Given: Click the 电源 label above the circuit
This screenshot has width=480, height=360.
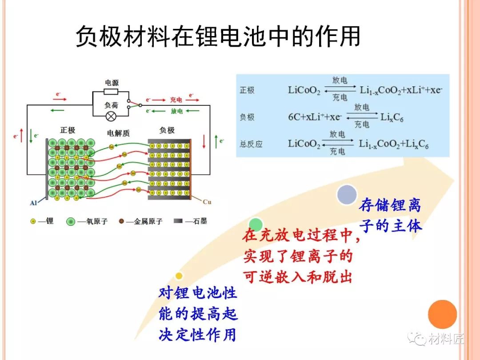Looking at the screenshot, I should click(x=112, y=83).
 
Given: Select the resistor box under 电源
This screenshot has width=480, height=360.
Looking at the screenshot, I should click(x=111, y=92).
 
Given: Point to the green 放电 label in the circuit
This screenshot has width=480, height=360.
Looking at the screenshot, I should click(x=176, y=111).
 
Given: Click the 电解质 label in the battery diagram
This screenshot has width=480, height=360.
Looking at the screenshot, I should click(x=118, y=133).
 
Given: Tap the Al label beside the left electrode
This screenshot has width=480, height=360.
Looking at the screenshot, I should click(x=33, y=203).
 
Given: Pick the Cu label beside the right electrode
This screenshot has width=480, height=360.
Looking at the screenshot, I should click(x=207, y=202).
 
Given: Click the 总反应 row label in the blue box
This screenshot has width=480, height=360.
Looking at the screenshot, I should click(x=251, y=144).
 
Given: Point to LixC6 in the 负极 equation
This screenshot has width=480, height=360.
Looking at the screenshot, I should click(x=392, y=117).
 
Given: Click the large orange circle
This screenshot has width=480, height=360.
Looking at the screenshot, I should click(x=442, y=314).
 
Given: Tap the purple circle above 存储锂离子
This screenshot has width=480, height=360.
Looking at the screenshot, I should click(x=347, y=194).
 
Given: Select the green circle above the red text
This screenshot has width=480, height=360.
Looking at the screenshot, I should click(x=256, y=224).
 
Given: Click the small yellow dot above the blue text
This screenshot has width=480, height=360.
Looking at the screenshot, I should click(x=179, y=276).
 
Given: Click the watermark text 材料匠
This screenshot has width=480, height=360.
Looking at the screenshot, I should click(x=446, y=339).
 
